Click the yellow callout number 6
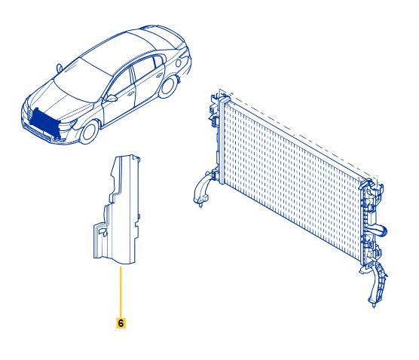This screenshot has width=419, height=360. coord(121,322)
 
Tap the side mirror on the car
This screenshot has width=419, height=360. coord(112,97)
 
